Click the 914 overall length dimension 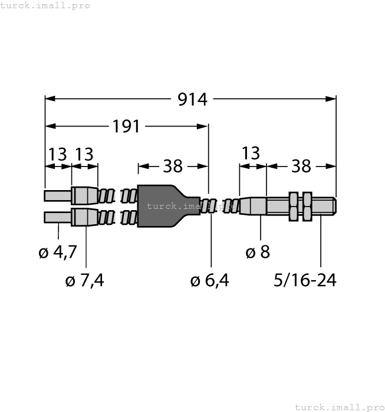(193, 99)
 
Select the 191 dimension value (126, 126)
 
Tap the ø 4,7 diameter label (57, 252)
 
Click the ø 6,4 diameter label (210, 281)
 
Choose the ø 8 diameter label (258, 252)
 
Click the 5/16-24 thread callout (305, 281)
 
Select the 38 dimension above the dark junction (173, 167)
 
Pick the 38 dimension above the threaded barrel (301, 167)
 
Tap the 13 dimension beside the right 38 (251, 154)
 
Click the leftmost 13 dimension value (58, 154)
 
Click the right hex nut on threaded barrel (306, 206)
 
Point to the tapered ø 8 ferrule (252, 206)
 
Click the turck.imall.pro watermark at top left (45, 5)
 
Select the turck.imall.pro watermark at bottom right (338, 407)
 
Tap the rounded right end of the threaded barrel (334, 206)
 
